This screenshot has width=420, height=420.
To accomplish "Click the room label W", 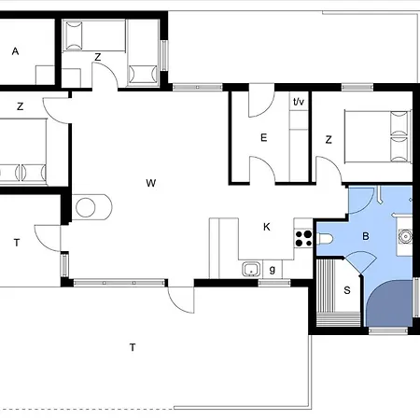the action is click(151, 183).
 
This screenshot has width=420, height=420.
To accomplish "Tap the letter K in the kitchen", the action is click(267, 227).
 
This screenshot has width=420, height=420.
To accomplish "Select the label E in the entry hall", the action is click(263, 137).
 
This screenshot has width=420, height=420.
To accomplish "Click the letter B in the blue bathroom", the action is click(366, 236).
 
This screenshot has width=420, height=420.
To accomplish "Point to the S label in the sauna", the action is click(347, 290).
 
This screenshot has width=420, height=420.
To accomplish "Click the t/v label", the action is click(299, 102).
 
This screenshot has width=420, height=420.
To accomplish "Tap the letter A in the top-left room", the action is click(15, 51).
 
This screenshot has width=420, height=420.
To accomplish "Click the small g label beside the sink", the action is click(273, 270).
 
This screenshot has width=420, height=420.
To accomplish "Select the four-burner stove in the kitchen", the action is click(303, 239).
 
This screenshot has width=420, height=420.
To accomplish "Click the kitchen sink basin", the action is click(251, 270).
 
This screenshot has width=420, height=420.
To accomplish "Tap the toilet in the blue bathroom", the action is click(325, 239).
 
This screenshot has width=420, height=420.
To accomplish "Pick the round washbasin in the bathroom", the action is click(406, 237).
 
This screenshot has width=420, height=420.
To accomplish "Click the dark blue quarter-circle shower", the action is click(389, 303).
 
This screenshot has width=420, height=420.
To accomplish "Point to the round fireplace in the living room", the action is click(86, 207).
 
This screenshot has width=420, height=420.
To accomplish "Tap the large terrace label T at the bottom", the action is click(133, 347).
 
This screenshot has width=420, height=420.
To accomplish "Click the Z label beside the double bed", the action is click(329, 140).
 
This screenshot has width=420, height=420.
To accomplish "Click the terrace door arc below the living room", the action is click(180, 301).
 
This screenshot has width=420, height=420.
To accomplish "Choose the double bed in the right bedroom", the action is click(378, 136).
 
